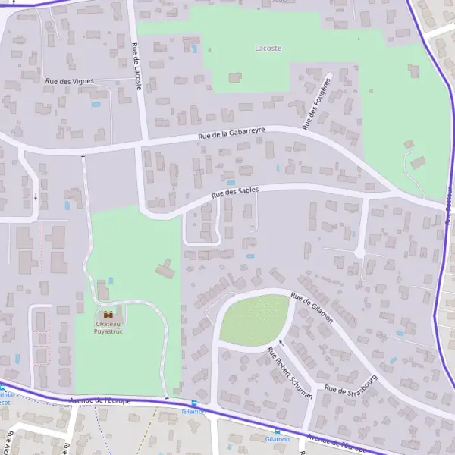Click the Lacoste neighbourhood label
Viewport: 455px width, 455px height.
(268, 48)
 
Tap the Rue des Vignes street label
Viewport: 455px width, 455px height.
(69, 80)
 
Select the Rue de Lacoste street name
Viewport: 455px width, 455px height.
(137, 67)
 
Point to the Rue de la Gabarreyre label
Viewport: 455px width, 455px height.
(231, 133)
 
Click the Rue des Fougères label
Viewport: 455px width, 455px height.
(317, 103)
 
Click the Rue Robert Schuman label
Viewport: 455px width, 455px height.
(290, 372)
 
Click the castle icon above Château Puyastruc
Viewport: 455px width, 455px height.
(108, 315)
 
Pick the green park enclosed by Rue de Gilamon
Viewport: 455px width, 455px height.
(254, 318)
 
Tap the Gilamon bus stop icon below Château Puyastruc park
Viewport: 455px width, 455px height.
(193, 403)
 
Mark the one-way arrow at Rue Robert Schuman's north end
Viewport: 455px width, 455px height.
(281, 342)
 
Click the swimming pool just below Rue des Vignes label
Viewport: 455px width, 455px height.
(96, 105)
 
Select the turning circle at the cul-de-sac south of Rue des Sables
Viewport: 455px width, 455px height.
(359, 252)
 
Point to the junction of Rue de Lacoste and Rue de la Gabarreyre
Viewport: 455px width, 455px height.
(142, 142)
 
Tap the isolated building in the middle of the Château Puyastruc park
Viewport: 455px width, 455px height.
(165, 268)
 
